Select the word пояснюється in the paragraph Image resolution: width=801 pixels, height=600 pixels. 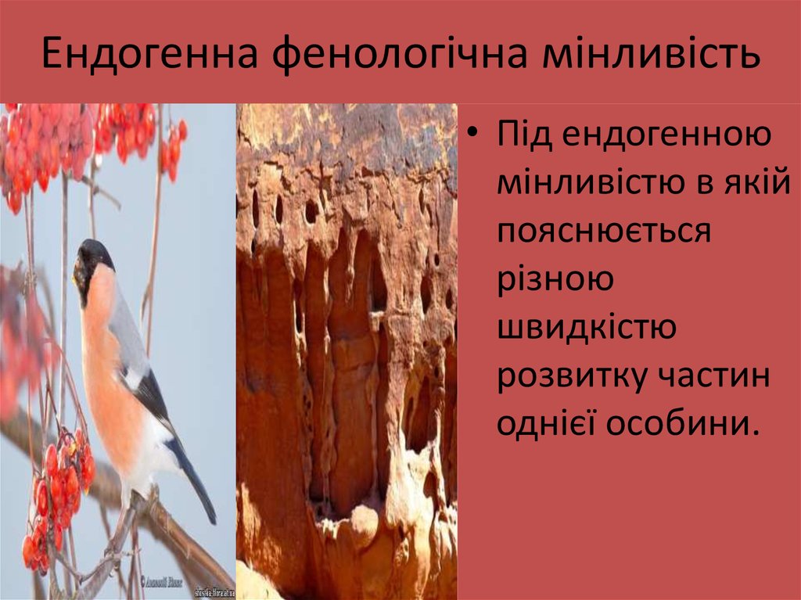(604, 232)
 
